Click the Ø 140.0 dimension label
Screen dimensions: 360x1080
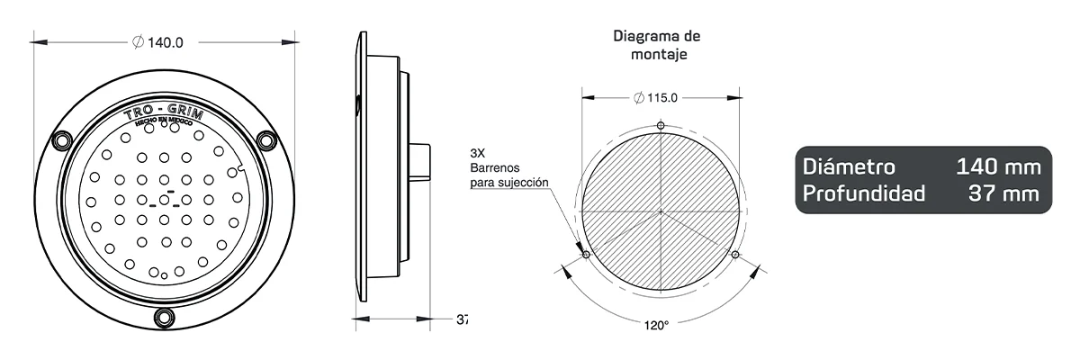click(x=158, y=42)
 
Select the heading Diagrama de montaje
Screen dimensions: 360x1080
click(x=657, y=45)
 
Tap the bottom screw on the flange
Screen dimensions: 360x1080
click(x=164, y=318)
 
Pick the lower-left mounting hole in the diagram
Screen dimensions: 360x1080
click(x=586, y=256)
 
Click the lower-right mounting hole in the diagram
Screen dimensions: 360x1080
click(x=736, y=256)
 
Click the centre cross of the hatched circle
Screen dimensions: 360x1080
click(x=661, y=212)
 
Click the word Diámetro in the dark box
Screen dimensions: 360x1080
click(x=849, y=167)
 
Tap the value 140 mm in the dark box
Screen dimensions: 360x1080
click(x=998, y=167)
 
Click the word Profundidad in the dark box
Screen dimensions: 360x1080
click(x=863, y=193)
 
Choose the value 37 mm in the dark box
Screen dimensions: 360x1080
click(x=1004, y=193)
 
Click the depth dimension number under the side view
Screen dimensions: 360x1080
click(x=462, y=319)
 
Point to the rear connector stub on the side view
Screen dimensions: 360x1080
click(x=421, y=163)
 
